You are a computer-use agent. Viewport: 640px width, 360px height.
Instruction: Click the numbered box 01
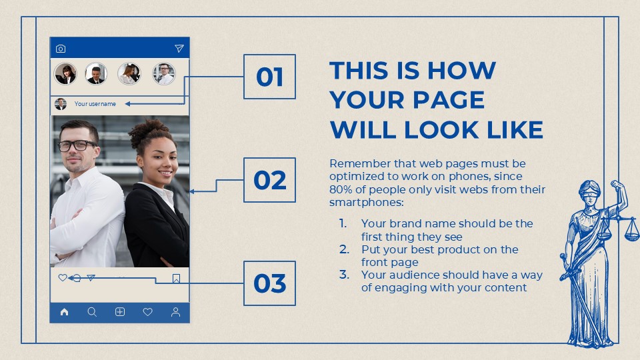(x=269, y=77)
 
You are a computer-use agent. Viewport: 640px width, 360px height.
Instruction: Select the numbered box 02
(x=269, y=180)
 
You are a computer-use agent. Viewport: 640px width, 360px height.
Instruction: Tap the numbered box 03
(x=269, y=283)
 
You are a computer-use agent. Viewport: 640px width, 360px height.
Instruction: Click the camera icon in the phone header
(x=61, y=49)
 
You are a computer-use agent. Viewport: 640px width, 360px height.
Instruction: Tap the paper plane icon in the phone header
(x=179, y=49)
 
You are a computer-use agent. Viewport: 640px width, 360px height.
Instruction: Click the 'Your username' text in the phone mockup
(x=95, y=104)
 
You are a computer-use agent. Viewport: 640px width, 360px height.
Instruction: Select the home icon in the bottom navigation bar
(x=64, y=312)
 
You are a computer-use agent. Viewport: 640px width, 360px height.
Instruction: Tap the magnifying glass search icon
(x=92, y=312)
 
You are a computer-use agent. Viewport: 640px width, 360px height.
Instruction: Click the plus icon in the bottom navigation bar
(x=120, y=312)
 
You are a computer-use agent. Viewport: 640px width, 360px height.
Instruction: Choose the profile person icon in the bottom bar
(x=175, y=312)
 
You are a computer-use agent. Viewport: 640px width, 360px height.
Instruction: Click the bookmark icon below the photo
(x=176, y=279)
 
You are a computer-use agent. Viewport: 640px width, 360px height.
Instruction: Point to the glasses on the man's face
(x=77, y=145)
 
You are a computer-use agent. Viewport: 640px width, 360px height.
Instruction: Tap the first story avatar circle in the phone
(x=65, y=74)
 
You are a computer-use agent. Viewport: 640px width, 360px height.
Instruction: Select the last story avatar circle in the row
(x=163, y=74)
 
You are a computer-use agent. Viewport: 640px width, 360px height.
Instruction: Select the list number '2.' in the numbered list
(x=344, y=249)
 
